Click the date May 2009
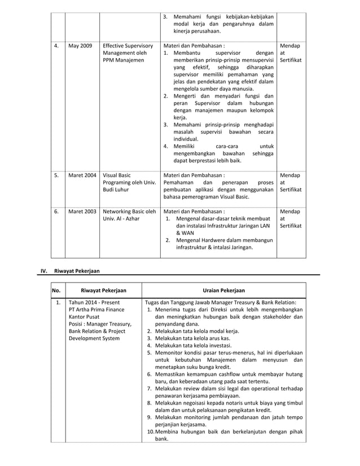(x=79, y=46)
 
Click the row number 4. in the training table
(x=56, y=46)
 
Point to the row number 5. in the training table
(x=56, y=175)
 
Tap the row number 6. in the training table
(x=56, y=212)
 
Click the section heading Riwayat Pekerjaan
(x=77, y=271)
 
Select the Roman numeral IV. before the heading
(x=44, y=271)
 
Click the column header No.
(x=56, y=291)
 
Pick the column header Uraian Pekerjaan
(x=224, y=291)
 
